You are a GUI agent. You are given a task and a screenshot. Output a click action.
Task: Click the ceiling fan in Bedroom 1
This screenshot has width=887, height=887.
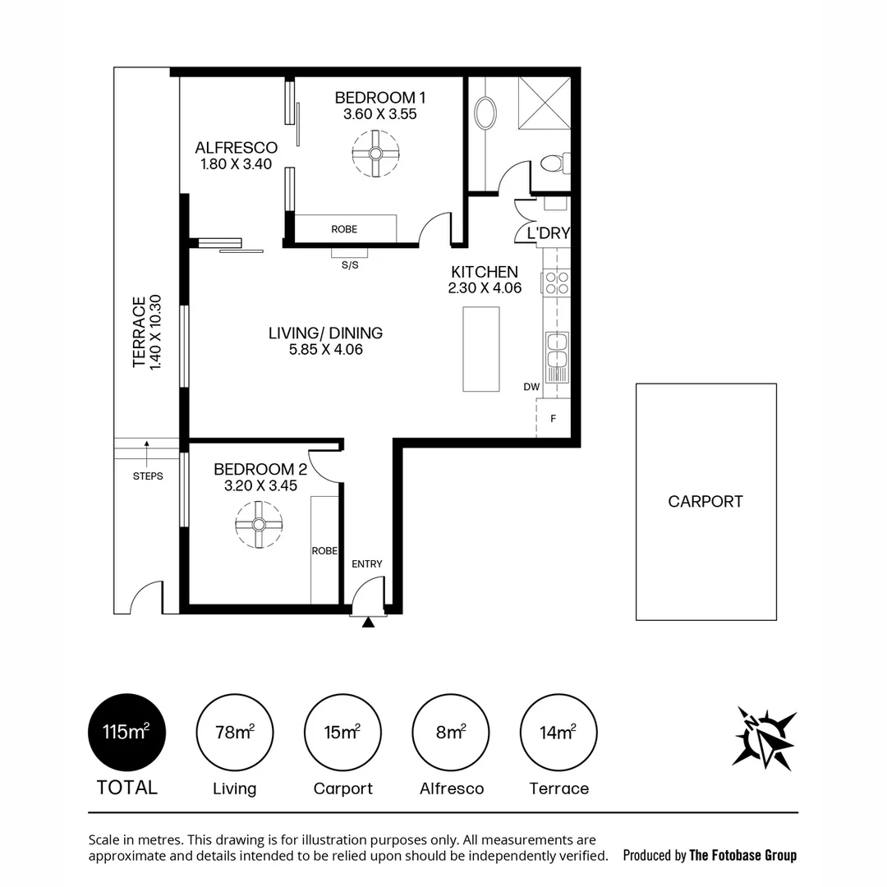375,154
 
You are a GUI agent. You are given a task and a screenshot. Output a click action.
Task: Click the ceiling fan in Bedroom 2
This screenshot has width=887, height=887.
259,525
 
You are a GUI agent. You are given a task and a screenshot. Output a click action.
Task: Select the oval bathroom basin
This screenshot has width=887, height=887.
486,113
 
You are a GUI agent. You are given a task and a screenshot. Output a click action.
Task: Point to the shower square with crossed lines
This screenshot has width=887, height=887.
545,103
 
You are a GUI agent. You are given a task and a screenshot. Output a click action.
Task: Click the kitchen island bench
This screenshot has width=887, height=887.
481,349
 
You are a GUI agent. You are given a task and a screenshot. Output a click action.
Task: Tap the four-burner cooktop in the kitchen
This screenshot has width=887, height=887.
556,283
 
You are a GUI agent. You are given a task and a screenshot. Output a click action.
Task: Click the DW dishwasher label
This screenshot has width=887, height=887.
530,387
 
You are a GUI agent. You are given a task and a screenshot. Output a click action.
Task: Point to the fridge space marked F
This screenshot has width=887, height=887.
554,418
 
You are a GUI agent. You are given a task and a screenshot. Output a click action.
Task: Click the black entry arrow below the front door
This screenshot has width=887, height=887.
368,623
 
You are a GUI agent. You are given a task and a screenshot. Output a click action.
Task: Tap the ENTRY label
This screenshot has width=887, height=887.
366,563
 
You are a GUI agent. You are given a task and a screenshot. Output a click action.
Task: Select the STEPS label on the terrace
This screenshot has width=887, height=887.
148,476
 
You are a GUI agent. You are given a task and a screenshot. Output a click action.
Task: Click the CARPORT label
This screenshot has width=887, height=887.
705,501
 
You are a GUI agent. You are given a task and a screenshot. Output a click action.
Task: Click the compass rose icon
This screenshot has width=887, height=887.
765,738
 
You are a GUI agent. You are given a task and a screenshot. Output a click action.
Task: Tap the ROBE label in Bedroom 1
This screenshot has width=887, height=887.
344,229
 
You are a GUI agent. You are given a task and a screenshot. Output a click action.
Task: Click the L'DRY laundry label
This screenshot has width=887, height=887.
548,233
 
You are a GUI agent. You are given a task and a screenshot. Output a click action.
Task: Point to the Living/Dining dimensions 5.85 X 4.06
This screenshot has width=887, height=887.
325,349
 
